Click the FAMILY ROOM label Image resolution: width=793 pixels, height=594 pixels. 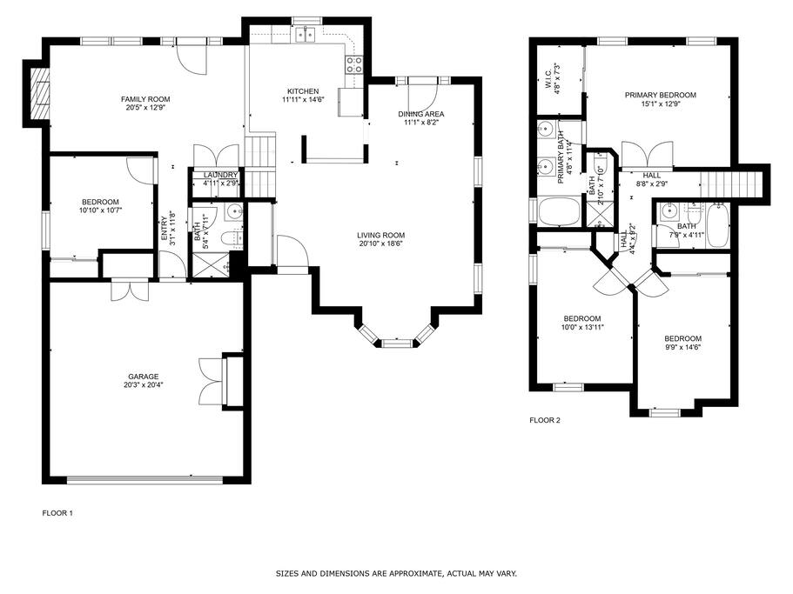[x=145, y=99]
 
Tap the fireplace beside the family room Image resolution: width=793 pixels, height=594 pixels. [x=39, y=93]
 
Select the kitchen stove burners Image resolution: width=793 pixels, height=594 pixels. [x=354, y=64]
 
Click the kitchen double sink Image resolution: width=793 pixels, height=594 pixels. [x=306, y=34]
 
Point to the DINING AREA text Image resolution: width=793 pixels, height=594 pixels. [x=420, y=114]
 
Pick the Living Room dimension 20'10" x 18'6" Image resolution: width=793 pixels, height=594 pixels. [x=380, y=244]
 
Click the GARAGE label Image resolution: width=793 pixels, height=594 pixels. [x=143, y=377]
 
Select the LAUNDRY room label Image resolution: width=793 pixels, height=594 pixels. [x=220, y=175]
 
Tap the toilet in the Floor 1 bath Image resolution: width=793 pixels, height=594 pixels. [x=233, y=237]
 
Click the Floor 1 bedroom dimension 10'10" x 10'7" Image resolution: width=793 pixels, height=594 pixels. [x=100, y=210]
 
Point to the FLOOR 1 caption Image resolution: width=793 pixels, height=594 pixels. [x=57, y=513]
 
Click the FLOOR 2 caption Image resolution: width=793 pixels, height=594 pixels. [x=545, y=420]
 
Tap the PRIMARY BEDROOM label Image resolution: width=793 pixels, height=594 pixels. [x=660, y=95]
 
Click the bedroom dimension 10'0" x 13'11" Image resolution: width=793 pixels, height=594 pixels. [x=582, y=327]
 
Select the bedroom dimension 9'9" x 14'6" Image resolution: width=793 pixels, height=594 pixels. [x=682, y=347]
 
